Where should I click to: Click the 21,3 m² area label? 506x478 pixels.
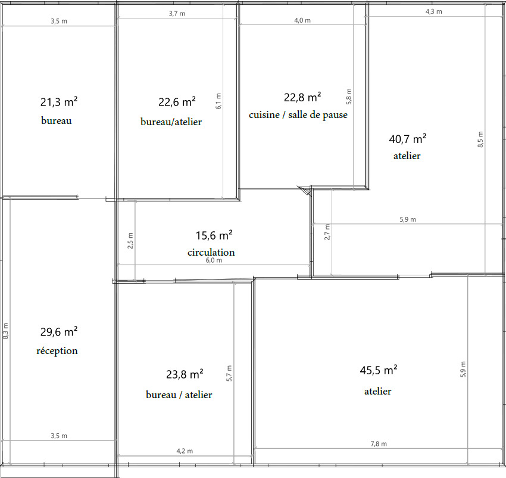58,102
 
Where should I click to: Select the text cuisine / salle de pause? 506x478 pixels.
298,115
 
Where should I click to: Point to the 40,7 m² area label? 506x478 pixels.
407,139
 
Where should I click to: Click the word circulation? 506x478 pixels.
211,252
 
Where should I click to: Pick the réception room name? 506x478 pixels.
57,350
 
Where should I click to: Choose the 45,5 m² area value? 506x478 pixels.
378,370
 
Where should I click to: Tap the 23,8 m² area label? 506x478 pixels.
185,374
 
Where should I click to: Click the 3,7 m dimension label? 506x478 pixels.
177,14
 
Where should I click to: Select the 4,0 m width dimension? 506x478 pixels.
302,20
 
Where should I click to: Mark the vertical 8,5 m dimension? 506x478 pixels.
481,139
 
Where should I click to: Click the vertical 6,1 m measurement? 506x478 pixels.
218,101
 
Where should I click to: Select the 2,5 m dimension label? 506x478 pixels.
131,240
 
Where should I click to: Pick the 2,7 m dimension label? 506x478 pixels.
327,231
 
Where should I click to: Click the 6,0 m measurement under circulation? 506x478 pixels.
214,260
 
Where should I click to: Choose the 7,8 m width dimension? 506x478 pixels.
379,443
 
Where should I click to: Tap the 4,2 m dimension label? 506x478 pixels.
185,451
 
